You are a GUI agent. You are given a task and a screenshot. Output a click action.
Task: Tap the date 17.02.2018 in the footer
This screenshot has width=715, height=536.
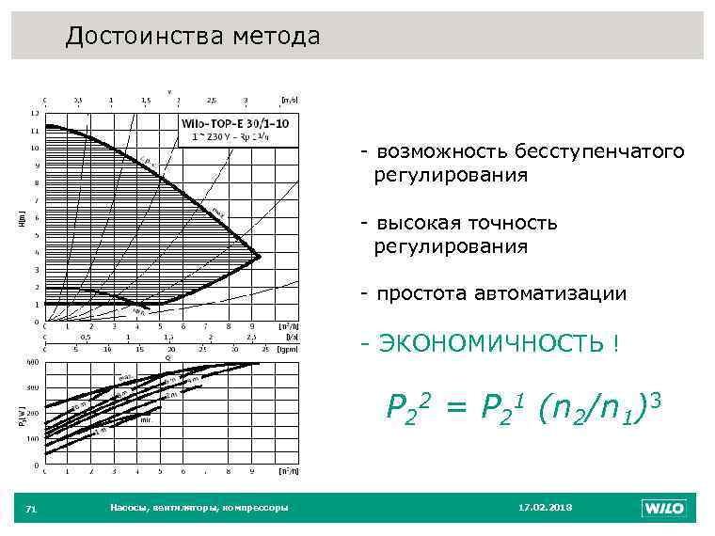[x=545, y=508]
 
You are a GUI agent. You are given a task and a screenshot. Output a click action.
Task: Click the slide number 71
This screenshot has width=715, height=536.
[x=31, y=509]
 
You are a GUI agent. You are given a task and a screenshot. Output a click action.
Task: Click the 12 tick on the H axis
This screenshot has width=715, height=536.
[x=35, y=113]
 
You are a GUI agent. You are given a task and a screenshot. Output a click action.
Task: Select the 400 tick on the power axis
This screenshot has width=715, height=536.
[x=33, y=361]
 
